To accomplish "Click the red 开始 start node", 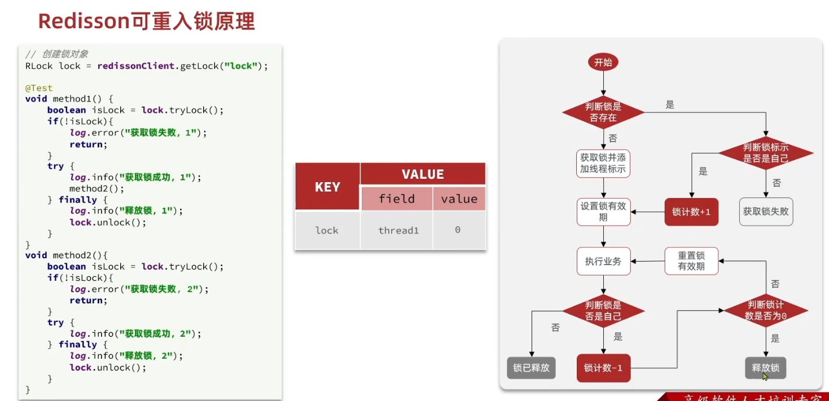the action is [603, 63].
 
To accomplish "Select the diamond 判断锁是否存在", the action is [603, 112].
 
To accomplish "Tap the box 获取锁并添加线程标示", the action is [603, 163].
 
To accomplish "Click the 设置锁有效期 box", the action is [603, 212].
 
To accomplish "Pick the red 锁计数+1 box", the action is [691, 212].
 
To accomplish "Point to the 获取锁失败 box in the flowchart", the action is [766, 212].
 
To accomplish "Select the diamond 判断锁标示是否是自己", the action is [766, 153].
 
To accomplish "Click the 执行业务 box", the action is [603, 262].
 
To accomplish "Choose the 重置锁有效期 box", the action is [691, 261].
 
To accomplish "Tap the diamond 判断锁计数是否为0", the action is [766, 311].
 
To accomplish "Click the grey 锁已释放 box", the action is [531, 368].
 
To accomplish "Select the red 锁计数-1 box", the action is [603, 368].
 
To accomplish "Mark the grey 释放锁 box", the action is [766, 368].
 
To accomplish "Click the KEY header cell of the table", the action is [327, 187].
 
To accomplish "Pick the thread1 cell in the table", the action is [398, 230].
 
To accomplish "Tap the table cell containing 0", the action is [458, 230].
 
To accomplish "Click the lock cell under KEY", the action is [327, 230].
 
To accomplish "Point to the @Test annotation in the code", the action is [39, 88].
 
